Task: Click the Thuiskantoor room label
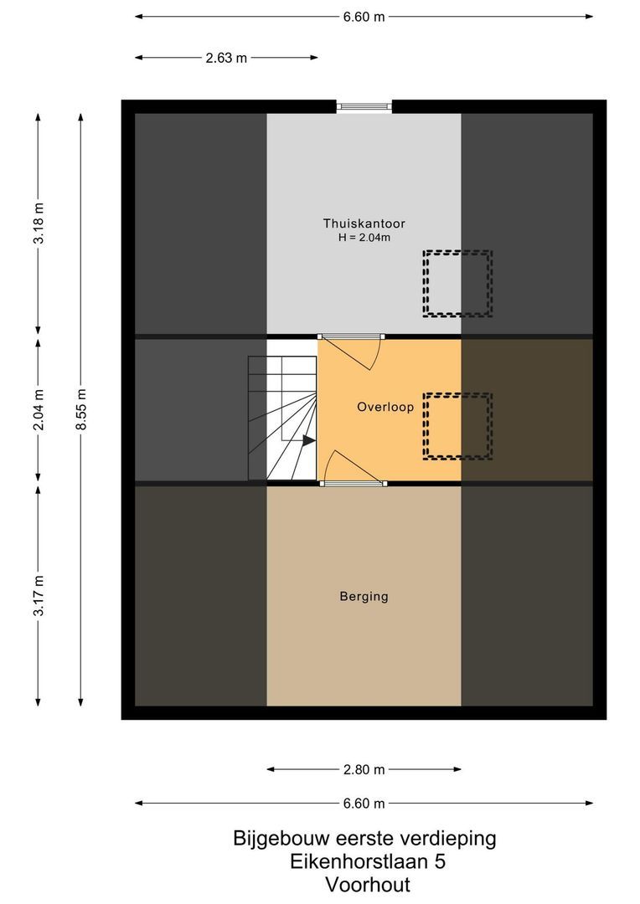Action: pos(364,223)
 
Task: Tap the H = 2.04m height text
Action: pos(364,238)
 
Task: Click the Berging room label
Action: pos(364,597)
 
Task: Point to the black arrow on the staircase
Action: pos(308,439)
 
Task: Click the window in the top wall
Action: pos(364,106)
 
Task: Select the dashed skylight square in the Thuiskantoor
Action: pos(457,284)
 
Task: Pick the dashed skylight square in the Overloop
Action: pos(457,426)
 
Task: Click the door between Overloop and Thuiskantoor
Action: pos(352,337)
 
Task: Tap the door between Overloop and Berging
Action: pos(353,482)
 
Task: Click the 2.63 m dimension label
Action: pos(226,58)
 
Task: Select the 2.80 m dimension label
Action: pos(364,769)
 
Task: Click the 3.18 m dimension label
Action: pos(38,223)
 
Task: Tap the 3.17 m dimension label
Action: pos(38,595)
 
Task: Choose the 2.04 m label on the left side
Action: pos(38,410)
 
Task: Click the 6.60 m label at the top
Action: pos(364,17)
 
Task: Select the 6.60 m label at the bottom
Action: pos(364,804)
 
